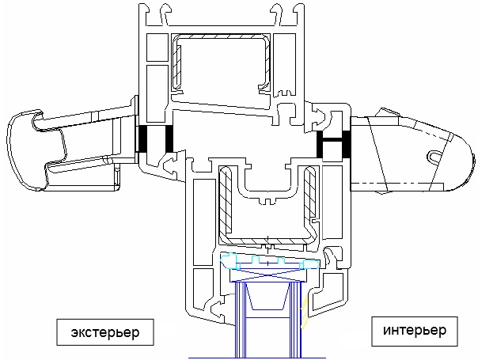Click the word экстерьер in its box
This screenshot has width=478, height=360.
click(x=105, y=332)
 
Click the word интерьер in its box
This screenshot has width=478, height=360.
click(x=415, y=330)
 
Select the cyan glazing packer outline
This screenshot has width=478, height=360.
click(x=270, y=261)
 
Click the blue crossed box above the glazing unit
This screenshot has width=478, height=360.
click(x=267, y=275)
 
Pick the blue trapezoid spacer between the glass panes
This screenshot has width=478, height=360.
click(x=267, y=296)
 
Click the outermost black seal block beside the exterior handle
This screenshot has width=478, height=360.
click(x=143, y=139)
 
